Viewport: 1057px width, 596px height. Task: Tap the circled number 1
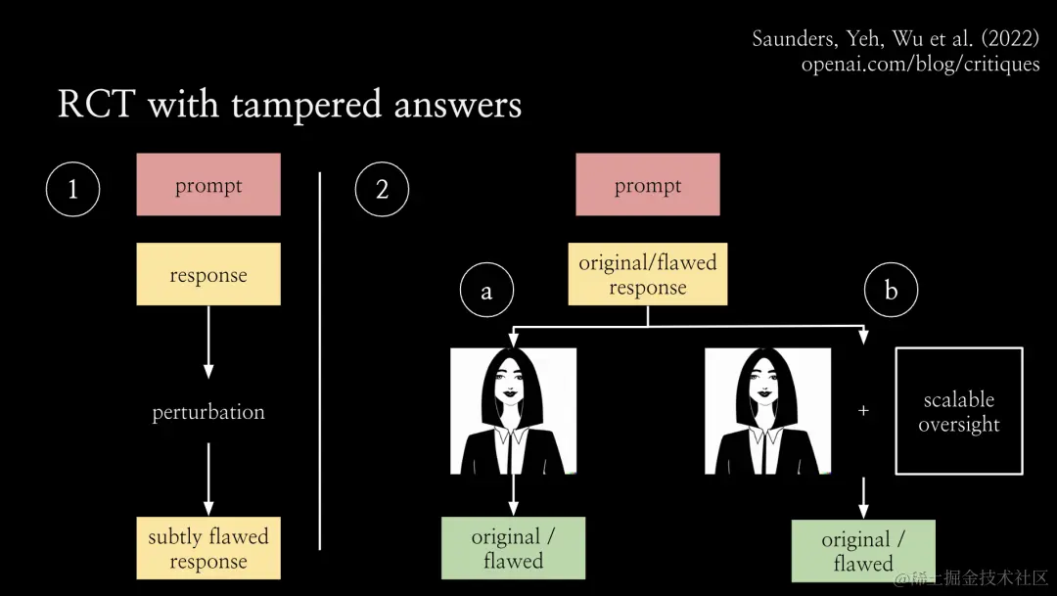72,189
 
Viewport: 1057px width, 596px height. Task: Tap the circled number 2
382,189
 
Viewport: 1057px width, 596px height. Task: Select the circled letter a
486,291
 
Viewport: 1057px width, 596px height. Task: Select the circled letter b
891,291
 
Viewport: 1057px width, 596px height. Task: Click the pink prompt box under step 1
208,185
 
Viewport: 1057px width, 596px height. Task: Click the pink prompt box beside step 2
648,185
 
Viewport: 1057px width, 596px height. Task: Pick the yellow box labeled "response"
208,275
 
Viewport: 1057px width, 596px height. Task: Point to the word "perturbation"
208,412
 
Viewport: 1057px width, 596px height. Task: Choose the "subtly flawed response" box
208,548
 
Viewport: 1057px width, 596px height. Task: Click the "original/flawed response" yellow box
648,275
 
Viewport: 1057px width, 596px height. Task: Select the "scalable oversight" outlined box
959,412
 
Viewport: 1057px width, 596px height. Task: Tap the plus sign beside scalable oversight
863,412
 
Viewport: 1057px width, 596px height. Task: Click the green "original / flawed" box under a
513,548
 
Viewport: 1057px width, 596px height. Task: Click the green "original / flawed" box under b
863,551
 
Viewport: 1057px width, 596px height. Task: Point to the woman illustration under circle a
513,411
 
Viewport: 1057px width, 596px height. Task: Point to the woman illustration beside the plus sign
767,411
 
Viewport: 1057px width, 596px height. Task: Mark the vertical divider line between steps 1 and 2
320,361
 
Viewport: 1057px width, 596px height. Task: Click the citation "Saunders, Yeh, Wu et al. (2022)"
896,39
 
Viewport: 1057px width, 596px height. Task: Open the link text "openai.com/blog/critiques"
920,65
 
